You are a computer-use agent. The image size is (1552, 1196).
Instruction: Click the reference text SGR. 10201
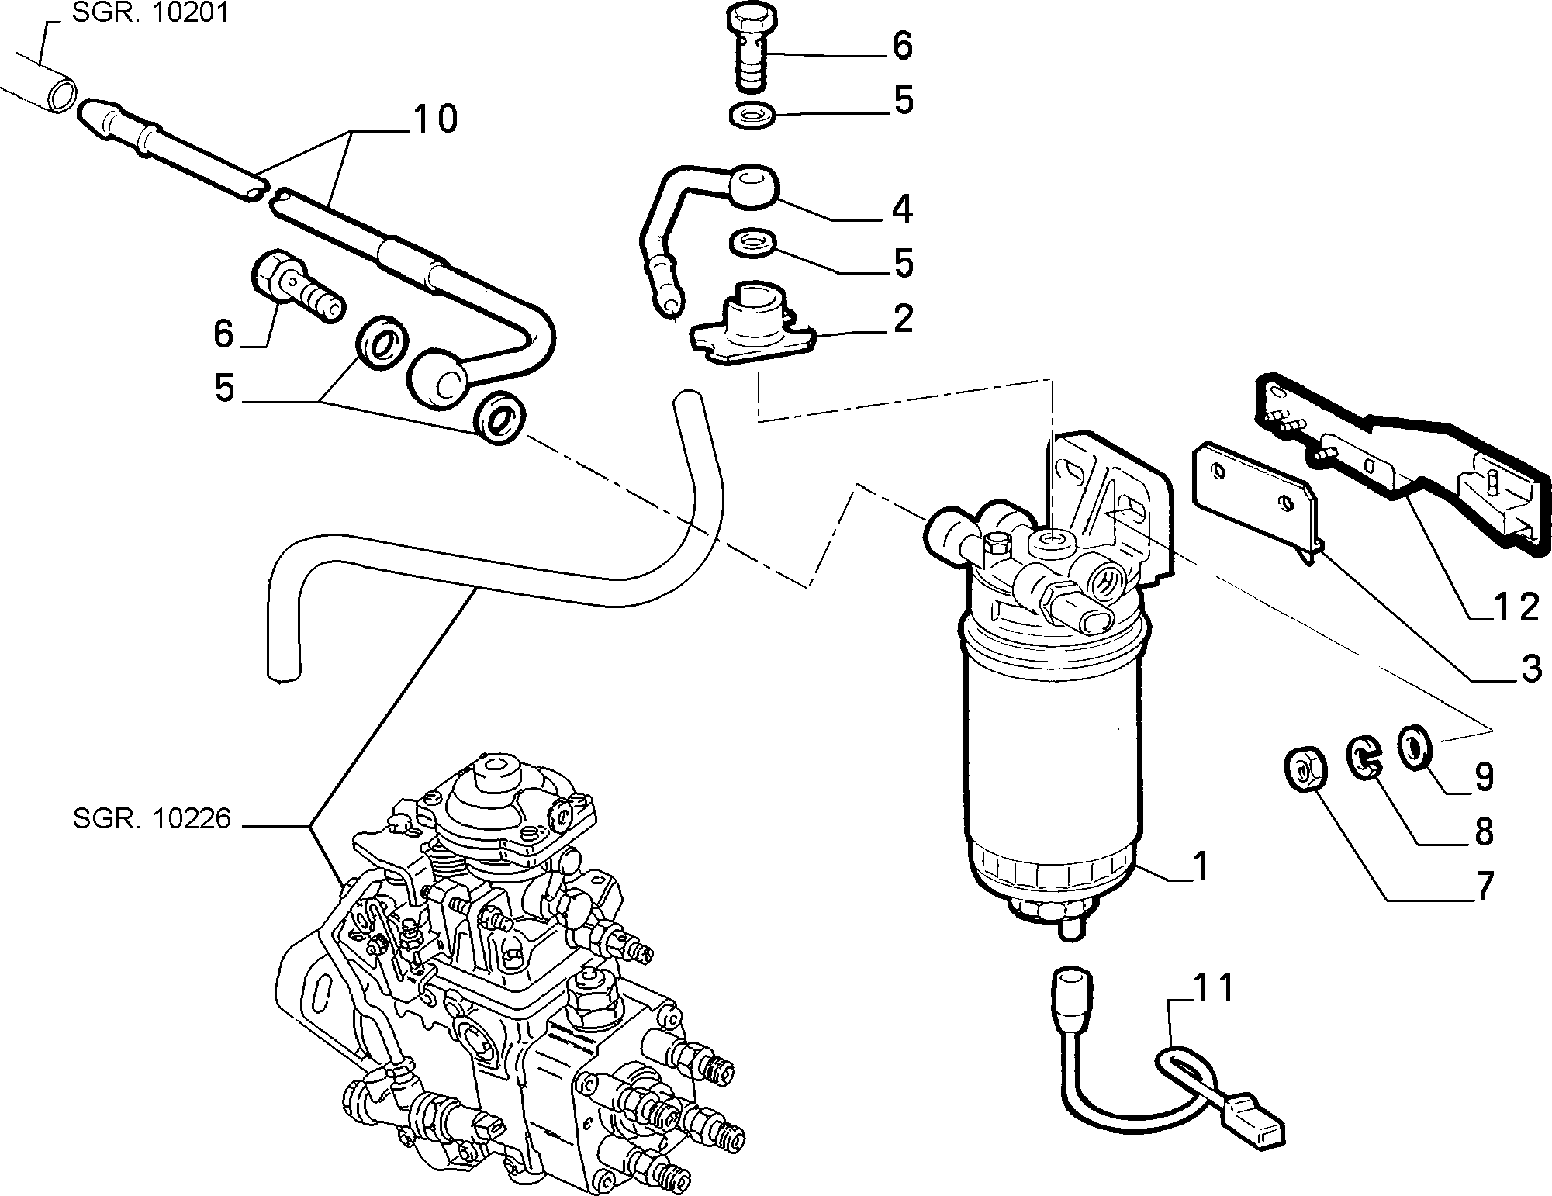point(150,14)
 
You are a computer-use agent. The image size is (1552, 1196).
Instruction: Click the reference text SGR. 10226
point(152,820)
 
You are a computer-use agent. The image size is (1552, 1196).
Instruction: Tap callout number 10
point(434,119)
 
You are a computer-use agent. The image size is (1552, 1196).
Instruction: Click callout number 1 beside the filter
point(1200,866)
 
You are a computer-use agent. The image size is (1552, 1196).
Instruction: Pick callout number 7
point(1483,886)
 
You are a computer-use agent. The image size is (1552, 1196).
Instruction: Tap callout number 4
point(902,209)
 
